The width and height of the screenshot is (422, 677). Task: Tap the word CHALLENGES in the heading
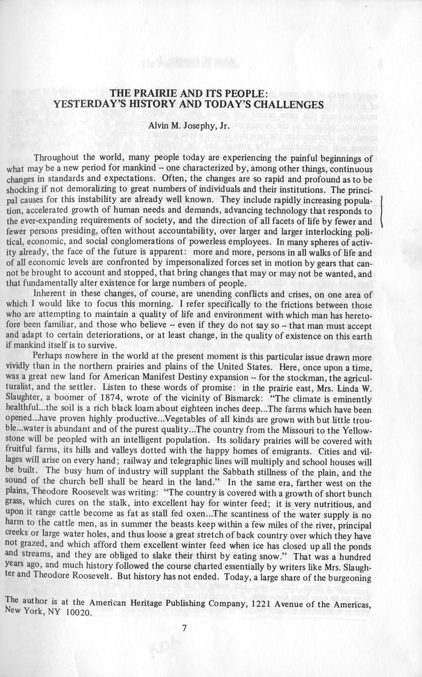(x=286, y=104)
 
